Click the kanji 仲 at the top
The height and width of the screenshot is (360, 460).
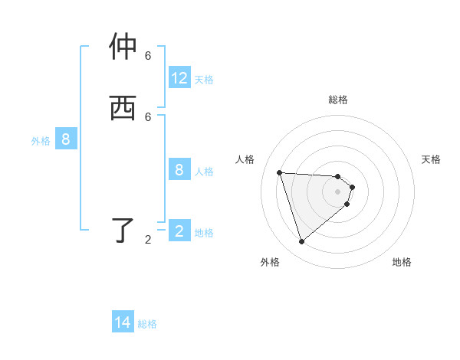123,47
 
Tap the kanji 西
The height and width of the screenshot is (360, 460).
123,108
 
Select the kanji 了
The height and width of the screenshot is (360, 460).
123,231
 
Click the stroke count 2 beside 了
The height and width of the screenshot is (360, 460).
148,240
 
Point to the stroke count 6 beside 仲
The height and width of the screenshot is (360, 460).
148,56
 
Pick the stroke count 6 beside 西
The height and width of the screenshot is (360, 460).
148,116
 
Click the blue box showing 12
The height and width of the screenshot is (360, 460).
179,78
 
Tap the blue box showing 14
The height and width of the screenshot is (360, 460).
123,322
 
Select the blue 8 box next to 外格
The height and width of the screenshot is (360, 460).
66,139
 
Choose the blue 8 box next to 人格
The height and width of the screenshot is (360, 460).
179,170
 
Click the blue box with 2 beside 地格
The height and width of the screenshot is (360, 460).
179,231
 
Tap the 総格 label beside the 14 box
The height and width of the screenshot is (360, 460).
147,324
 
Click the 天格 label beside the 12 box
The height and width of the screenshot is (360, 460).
204,79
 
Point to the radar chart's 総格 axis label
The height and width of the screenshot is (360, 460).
338,100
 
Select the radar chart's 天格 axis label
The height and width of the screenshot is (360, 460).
431,159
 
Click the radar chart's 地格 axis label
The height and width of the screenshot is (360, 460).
402,262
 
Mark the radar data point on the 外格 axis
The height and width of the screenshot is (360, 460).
301,242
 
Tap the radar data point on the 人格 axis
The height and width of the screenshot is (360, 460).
279,172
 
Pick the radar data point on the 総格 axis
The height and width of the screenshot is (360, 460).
338,176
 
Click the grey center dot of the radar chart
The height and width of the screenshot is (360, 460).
338,202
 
